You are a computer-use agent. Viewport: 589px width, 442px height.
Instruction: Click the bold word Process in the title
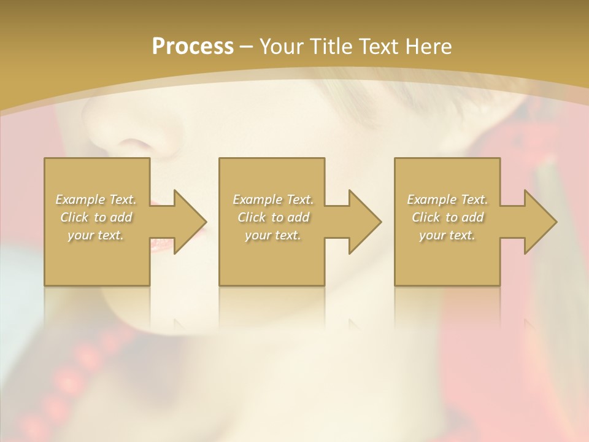pos(193,47)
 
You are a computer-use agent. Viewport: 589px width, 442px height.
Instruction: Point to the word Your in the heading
pos(281,47)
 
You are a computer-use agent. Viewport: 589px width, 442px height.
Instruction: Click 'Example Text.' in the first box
pos(96,200)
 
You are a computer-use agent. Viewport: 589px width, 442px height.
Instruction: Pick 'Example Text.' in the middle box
pos(272,200)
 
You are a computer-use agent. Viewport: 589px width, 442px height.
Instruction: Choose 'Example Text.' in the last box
pos(447,200)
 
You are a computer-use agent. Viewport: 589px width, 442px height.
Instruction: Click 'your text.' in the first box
pos(96,235)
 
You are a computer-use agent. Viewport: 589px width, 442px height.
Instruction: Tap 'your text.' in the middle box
pos(272,235)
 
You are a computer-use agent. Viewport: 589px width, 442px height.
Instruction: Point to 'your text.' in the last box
pos(447,235)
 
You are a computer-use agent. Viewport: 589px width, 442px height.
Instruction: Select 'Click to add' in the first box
pos(96,217)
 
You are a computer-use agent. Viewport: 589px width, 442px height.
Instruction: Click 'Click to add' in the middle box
pos(272,217)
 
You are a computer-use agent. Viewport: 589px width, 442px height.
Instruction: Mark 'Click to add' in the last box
pos(447,217)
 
